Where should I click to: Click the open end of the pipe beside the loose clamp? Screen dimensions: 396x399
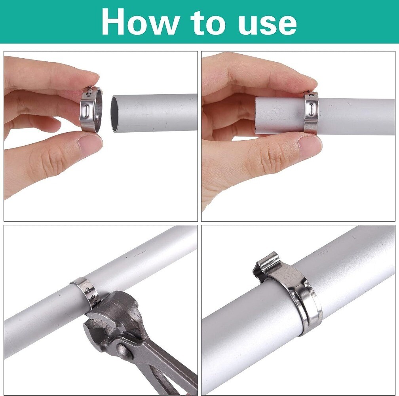tap(115, 114)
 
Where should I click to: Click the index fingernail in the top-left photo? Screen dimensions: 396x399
tap(92, 75)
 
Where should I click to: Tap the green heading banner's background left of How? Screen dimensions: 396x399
tap(47, 22)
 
